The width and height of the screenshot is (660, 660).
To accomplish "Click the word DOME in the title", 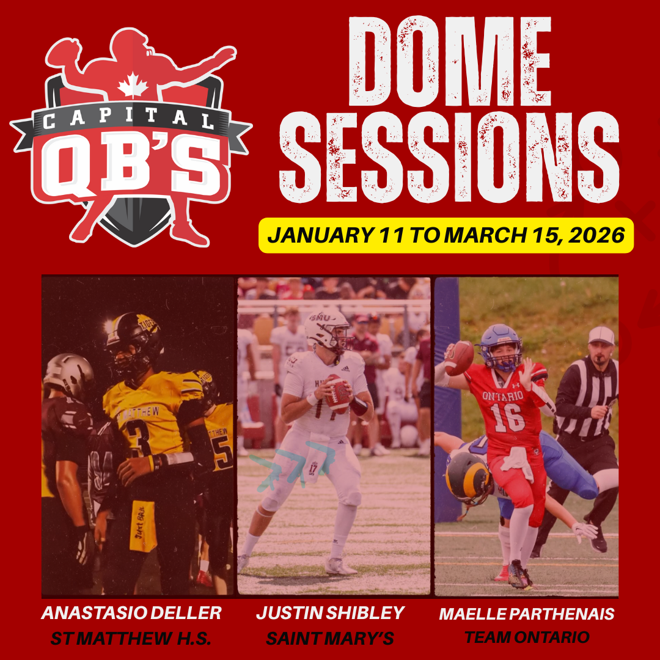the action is [450, 62].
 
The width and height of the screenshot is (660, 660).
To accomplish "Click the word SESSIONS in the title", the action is [449, 157].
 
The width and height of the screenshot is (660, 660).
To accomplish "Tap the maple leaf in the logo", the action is [133, 85].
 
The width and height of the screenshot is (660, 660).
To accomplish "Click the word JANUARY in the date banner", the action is [320, 235].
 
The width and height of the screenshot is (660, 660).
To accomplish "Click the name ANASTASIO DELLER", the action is [131, 613].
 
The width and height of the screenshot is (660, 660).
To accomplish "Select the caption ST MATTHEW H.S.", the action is [131, 639].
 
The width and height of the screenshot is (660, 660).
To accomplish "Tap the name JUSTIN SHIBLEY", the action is [331, 613].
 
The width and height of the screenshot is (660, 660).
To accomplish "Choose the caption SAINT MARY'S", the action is [330, 639].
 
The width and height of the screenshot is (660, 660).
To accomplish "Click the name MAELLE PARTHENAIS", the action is [527, 614].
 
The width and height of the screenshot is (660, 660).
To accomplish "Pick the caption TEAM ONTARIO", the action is [527, 637].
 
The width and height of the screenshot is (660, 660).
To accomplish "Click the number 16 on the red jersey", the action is [507, 417].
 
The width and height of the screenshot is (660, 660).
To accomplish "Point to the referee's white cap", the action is [601, 335].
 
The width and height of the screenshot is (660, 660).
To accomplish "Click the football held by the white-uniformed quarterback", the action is [337, 394].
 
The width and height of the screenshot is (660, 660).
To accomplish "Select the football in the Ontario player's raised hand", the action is [459, 358].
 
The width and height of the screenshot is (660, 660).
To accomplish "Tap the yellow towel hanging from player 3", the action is [143, 526].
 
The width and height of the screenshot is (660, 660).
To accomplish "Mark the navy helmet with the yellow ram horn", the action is [468, 478].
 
